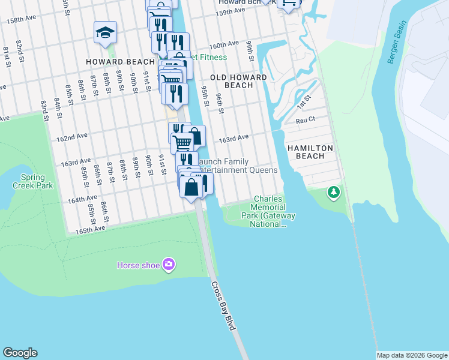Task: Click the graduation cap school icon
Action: (x=105, y=34)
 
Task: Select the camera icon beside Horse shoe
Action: (x=169, y=264)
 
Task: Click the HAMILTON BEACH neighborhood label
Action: (x=306, y=152)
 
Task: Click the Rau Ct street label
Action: (x=306, y=120)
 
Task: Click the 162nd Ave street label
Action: (x=72, y=137)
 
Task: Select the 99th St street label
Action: (x=249, y=52)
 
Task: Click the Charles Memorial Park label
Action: (x=268, y=211)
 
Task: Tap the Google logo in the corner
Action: (x=20, y=353)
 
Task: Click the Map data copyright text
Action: (x=412, y=355)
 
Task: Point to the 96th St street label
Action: (x=219, y=103)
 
